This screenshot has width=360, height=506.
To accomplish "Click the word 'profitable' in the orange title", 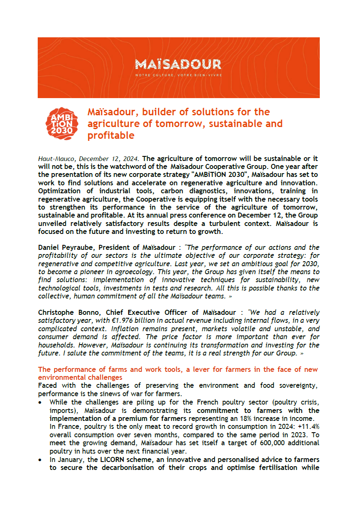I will point(111,135).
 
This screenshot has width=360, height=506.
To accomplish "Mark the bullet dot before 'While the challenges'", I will point(40,402).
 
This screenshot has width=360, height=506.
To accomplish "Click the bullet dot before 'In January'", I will point(40,459).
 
